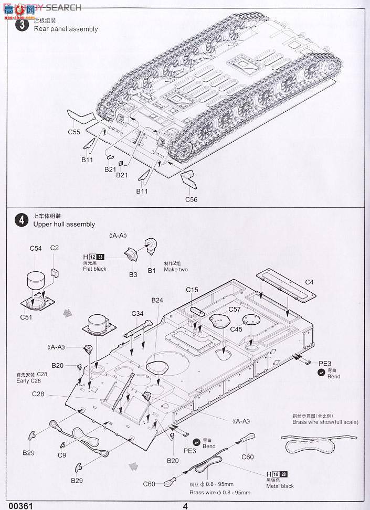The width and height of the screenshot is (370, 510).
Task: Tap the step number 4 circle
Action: tap(22, 220)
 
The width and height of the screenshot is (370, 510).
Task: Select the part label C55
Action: tap(74, 132)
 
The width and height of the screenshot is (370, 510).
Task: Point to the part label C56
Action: tap(191, 199)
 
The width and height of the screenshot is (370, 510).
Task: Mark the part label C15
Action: tap(192, 290)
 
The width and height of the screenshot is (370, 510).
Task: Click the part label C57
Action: tap(235, 310)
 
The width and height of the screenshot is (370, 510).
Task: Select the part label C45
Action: tap(236, 329)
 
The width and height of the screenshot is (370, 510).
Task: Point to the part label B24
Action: tap(157, 300)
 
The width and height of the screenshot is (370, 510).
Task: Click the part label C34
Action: tap(138, 314)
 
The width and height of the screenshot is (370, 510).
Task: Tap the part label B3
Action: tap(133, 274)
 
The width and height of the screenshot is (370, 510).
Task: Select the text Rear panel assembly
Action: tap(66, 29)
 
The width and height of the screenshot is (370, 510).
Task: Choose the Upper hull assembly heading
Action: tap(64, 224)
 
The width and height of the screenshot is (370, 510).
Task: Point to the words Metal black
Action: tap(280, 486)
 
